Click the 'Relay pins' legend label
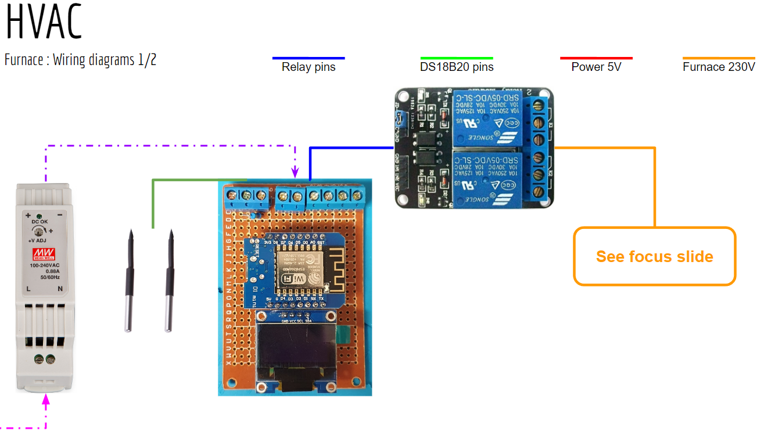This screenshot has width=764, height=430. pyautogui.click(x=309, y=67)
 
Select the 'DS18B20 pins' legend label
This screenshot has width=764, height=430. pyautogui.click(x=457, y=67)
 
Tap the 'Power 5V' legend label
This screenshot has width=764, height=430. pyautogui.click(x=596, y=67)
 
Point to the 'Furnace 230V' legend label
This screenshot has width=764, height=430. pyautogui.click(x=719, y=67)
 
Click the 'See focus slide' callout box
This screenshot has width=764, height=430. pyautogui.click(x=654, y=256)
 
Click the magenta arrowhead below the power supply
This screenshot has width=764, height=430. pyautogui.click(x=46, y=400)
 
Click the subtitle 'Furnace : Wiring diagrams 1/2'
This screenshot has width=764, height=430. pyautogui.click(x=80, y=60)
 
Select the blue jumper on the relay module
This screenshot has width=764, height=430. pyautogui.click(x=400, y=120)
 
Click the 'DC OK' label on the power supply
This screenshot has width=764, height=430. pyautogui.click(x=39, y=222)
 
